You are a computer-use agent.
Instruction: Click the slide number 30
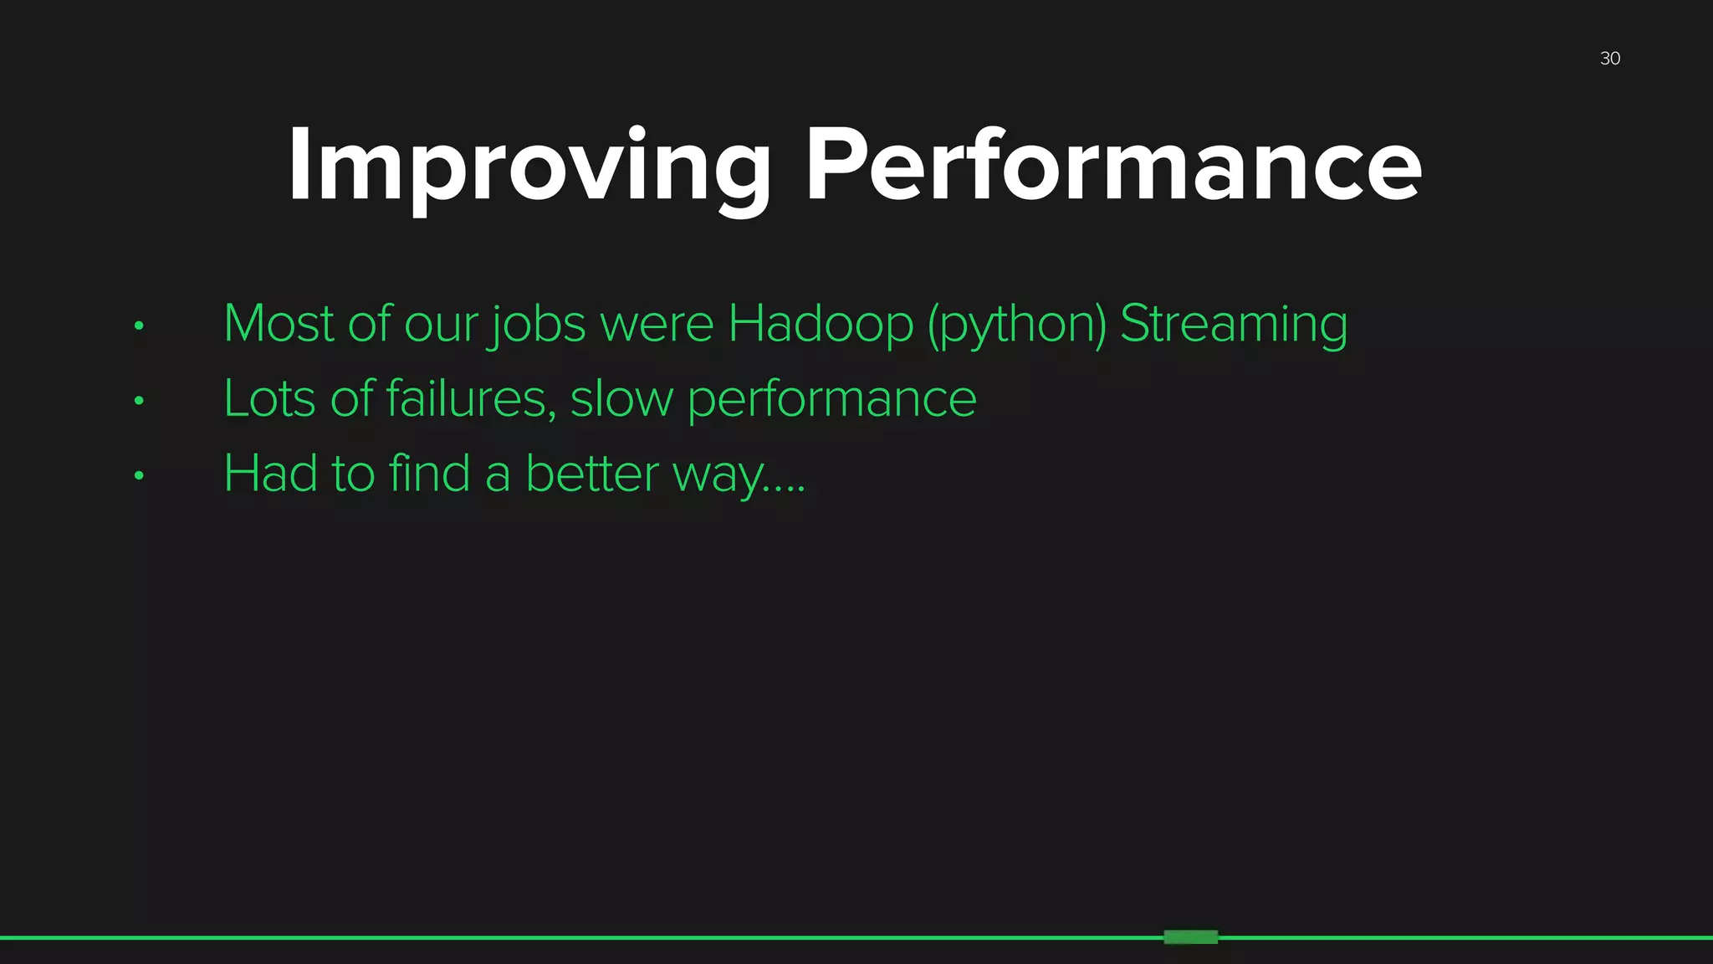pyautogui.click(x=1609, y=59)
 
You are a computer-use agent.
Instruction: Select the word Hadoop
pyautogui.click(x=820, y=324)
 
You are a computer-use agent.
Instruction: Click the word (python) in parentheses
pyautogui.click(x=1016, y=326)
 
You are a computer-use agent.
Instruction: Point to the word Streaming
pyautogui.click(x=1233, y=326)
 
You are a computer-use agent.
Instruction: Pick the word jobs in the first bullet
pyautogui.click(x=537, y=326)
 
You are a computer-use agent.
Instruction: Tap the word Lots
pyautogui.click(x=270, y=399)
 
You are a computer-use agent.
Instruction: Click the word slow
pyautogui.click(x=621, y=399)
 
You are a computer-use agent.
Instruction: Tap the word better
pyautogui.click(x=592, y=474)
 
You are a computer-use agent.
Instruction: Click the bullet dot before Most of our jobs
pyautogui.click(x=139, y=326)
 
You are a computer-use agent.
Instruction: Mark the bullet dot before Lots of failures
pyautogui.click(x=139, y=401)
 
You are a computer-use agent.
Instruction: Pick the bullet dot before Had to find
pyautogui.click(x=139, y=476)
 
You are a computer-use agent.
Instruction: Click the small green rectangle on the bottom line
pyautogui.click(x=1190, y=937)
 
